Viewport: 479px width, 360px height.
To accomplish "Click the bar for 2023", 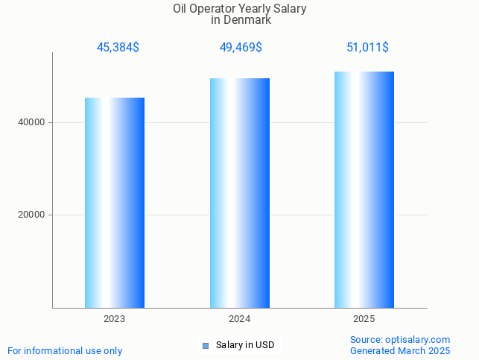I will (x=114, y=203).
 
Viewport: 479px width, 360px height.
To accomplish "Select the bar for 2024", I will (x=239, y=193).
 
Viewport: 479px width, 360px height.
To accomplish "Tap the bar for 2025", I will (x=364, y=189).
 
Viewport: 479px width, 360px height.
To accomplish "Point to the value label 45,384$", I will (x=118, y=48).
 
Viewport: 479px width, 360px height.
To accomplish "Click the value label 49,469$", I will (x=241, y=48).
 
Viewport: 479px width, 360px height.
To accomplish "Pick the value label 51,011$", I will (x=367, y=48).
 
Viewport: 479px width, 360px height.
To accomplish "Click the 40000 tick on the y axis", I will (x=32, y=122).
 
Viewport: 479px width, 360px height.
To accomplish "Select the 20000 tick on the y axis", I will (x=32, y=215).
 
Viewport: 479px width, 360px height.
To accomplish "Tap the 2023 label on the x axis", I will (x=114, y=319).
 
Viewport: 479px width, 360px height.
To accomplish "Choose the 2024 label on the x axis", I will (x=239, y=319).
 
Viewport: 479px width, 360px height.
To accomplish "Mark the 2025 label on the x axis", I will (x=364, y=319).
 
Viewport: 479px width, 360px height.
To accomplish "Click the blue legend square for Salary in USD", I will (x=206, y=346).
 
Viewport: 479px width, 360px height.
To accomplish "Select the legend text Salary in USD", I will (x=245, y=345).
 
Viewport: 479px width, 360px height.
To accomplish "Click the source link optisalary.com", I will (x=418, y=339).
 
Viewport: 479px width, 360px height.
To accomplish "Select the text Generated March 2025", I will (x=400, y=350).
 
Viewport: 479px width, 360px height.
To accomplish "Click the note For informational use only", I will (x=65, y=350).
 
